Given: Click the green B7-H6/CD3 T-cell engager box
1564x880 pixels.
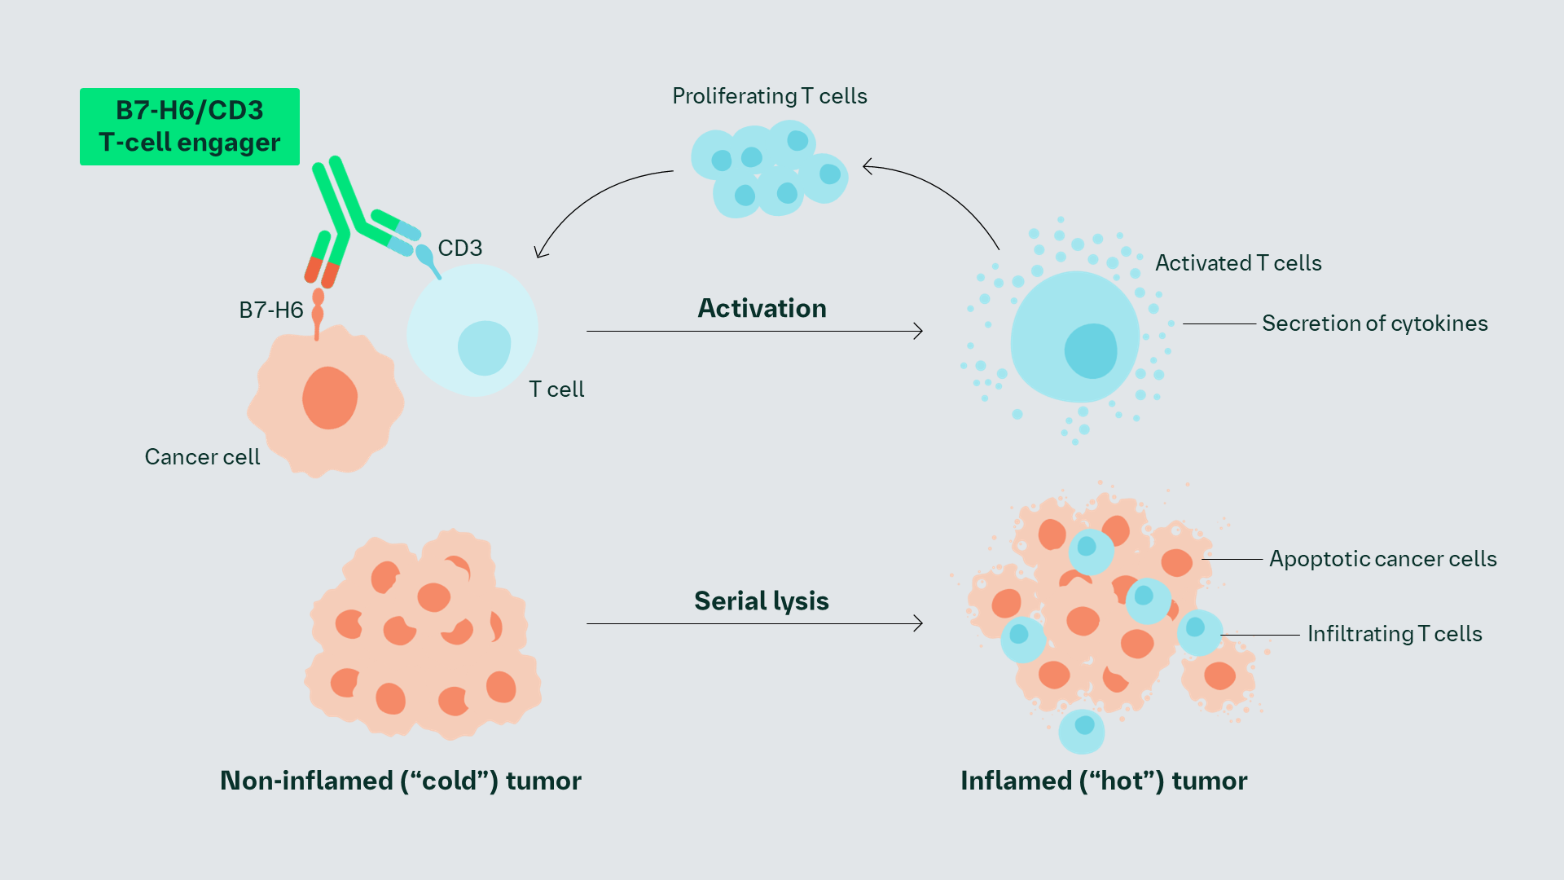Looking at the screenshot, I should pyautogui.click(x=189, y=126).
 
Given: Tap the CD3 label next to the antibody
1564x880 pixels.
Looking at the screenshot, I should pyautogui.click(x=460, y=248).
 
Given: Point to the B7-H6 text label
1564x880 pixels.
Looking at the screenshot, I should pyautogui.click(x=270, y=310).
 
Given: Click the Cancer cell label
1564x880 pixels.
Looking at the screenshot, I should pyautogui.click(x=202, y=456).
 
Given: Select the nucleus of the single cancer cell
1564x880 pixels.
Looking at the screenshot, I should pyautogui.click(x=330, y=398).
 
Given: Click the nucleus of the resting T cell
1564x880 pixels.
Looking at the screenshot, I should pyautogui.click(x=484, y=348).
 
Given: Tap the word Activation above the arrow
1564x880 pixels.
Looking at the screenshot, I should pyautogui.click(x=762, y=308).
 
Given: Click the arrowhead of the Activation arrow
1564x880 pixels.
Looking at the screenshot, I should pyautogui.click(x=919, y=331).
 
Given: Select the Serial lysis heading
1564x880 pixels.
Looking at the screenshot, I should pyautogui.click(x=761, y=601).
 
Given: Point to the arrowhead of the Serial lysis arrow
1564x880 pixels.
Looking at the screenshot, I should pyautogui.click(x=919, y=623).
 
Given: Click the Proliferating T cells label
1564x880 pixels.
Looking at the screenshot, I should pyautogui.click(x=769, y=96).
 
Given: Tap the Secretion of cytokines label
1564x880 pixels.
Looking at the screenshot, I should pyautogui.click(x=1374, y=323).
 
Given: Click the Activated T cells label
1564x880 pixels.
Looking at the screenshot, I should pyautogui.click(x=1237, y=263).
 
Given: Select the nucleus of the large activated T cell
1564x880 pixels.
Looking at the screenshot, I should pyautogui.click(x=1091, y=351).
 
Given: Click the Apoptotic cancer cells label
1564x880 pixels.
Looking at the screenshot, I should pyautogui.click(x=1382, y=559).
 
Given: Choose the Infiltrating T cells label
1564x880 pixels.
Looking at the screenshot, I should pyautogui.click(x=1394, y=634).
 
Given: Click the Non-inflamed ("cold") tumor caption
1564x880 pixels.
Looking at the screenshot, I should pyautogui.click(x=400, y=781).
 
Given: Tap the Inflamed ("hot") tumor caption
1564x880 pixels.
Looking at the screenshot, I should pyautogui.click(x=1103, y=781).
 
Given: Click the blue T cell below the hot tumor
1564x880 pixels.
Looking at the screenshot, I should pyautogui.click(x=1082, y=729).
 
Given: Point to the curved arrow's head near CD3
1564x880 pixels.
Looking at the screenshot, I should pyautogui.click(x=539, y=253).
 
